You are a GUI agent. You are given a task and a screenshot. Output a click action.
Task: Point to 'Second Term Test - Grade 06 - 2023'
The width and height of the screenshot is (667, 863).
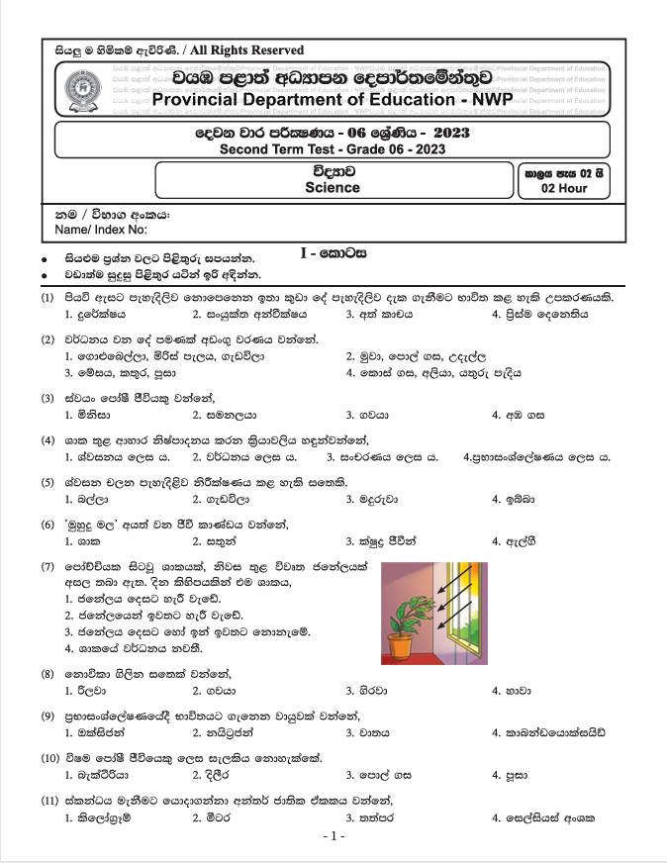pyautogui.click(x=332, y=149)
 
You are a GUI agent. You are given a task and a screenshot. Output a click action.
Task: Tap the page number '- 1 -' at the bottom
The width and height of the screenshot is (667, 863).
pyautogui.click(x=333, y=836)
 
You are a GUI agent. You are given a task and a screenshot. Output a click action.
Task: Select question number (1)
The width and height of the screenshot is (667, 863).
pyautogui.click(x=47, y=298)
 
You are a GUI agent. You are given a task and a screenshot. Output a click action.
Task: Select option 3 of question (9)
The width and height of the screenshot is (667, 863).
pyautogui.click(x=366, y=732)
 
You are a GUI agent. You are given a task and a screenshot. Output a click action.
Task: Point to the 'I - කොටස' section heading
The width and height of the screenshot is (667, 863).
pyautogui.click(x=333, y=254)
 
